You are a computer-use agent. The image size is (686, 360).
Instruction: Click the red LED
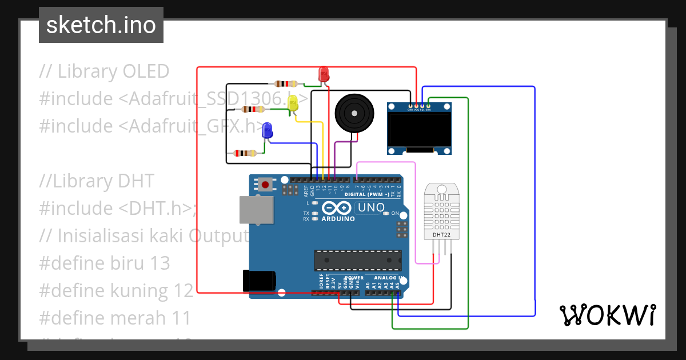click(x=324, y=73)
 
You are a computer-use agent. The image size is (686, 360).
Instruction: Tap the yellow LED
click(x=293, y=103)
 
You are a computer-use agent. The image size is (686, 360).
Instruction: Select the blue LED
click(x=267, y=131)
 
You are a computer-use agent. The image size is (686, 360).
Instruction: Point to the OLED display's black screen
click(x=419, y=129)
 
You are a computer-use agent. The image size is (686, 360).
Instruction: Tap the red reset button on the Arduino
click(x=266, y=185)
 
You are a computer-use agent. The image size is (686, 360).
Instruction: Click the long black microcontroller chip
click(x=357, y=260)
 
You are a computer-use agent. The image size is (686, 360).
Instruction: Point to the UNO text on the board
click(x=370, y=208)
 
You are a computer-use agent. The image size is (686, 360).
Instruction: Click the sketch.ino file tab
click(x=101, y=25)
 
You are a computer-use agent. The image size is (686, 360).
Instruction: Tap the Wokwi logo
click(x=607, y=315)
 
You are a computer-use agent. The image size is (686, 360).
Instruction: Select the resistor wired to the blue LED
click(x=245, y=153)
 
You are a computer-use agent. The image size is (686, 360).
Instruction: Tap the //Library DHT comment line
click(x=97, y=181)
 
